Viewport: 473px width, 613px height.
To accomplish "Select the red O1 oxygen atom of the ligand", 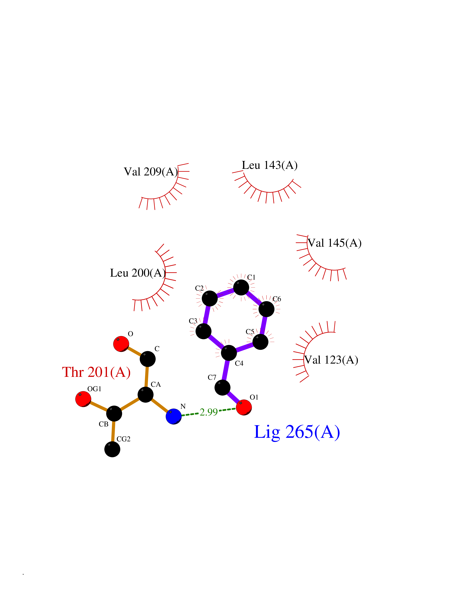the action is [x=244, y=407].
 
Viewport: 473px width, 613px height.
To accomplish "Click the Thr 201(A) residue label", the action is [x=96, y=372].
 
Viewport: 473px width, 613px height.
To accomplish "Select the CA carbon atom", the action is [x=145, y=395].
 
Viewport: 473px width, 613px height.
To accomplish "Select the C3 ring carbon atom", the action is [x=203, y=331].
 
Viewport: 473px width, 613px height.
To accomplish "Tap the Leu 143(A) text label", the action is [x=270, y=165].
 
